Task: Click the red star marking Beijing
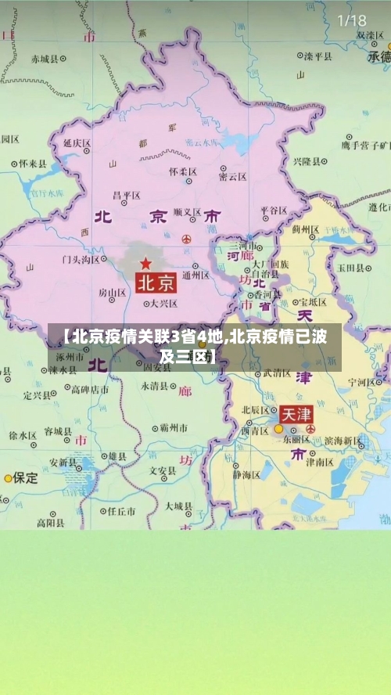145,263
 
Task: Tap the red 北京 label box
156,282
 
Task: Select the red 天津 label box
296,413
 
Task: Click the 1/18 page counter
351,20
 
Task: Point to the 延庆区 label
77,144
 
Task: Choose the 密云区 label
233,177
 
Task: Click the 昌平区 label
127,195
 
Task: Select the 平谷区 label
274,211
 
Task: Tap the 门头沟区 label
81,259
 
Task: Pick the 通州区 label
195,275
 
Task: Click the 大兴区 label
163,303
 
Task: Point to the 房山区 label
112,293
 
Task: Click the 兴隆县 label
307,161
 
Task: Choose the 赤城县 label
45,59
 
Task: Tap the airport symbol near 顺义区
186,238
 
